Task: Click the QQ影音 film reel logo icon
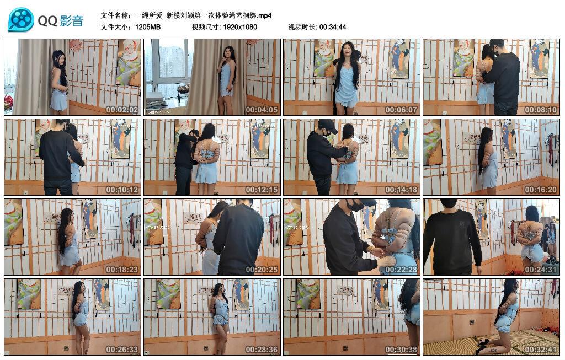21,20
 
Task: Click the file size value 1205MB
148,27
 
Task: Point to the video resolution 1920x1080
240,27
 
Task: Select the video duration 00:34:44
333,27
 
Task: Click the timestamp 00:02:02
122,110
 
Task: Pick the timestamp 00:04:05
262,110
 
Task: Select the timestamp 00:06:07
402,110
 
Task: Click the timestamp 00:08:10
541,110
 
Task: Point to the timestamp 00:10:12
122,190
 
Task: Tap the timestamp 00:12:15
262,190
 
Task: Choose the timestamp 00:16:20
541,190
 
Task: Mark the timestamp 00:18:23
122,270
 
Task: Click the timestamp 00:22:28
402,270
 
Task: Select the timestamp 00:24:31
541,270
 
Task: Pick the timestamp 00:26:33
122,350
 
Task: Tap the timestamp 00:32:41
541,350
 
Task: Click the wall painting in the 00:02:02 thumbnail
129,62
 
